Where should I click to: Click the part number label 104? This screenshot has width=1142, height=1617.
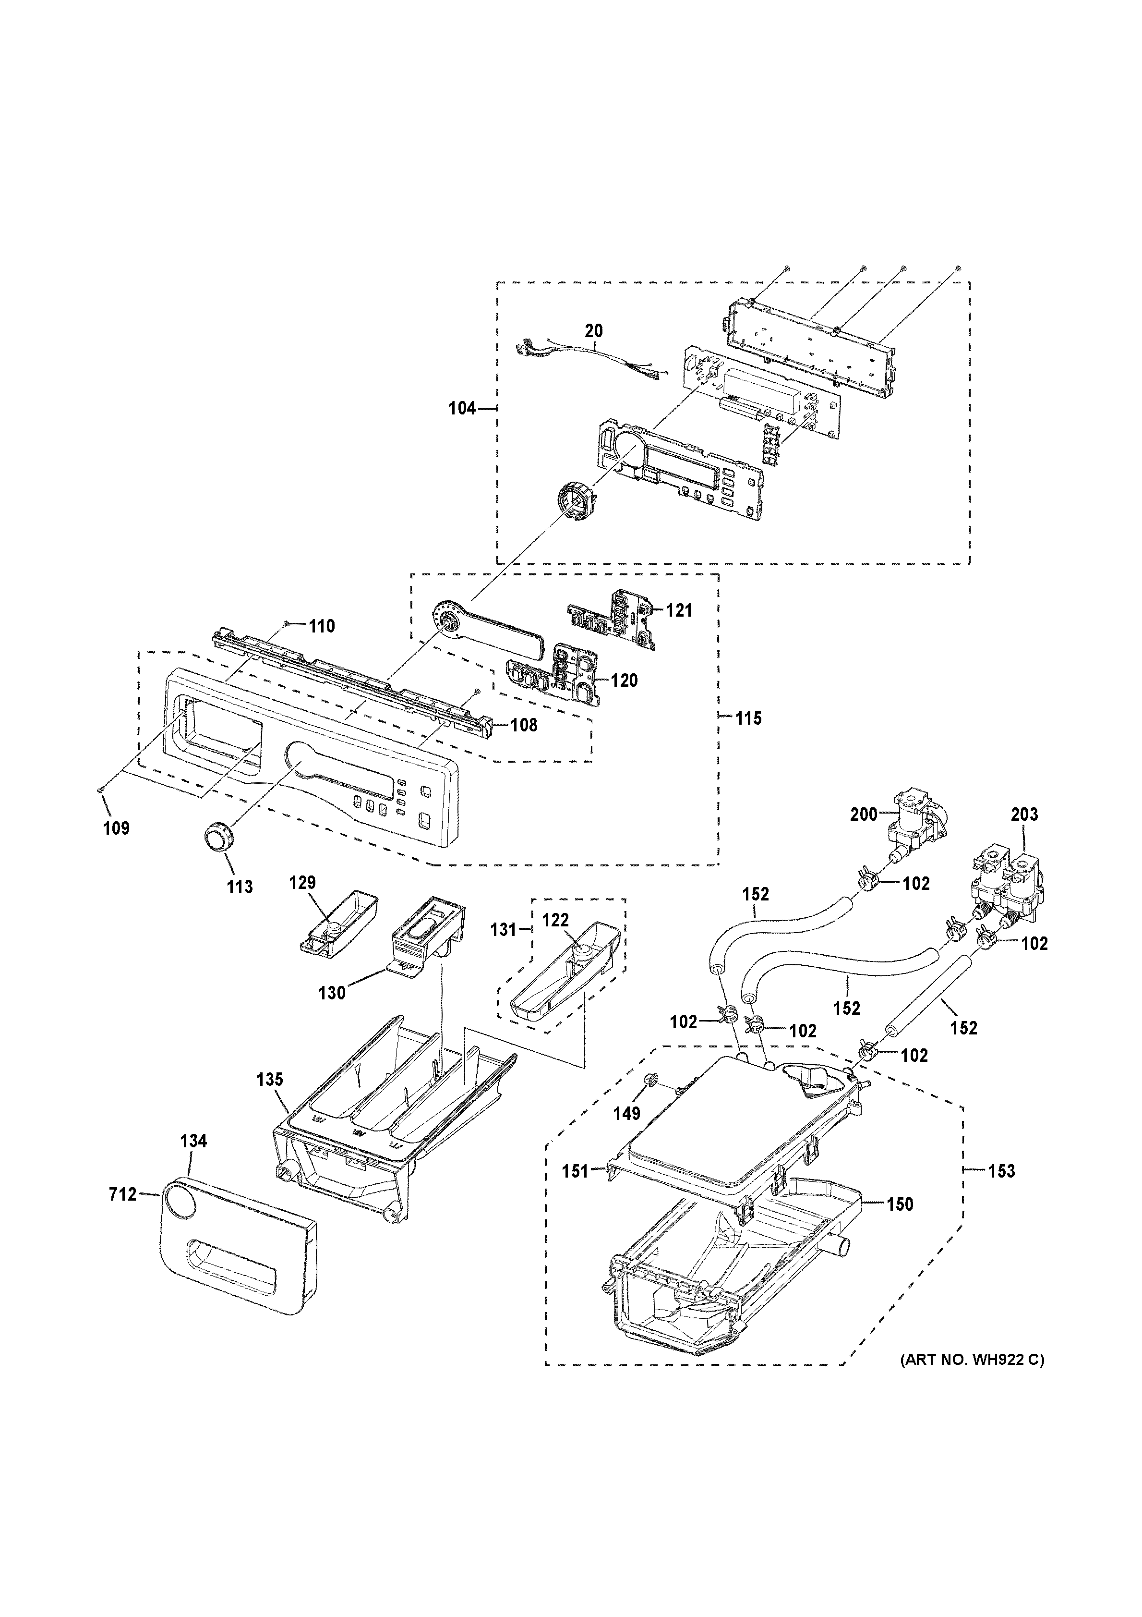pyautogui.click(x=462, y=408)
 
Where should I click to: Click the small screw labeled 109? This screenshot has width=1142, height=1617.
pyautogui.click(x=102, y=791)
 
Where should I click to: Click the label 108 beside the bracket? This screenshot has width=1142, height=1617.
pyautogui.click(x=523, y=725)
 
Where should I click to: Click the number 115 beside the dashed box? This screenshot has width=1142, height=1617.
pyautogui.click(x=748, y=718)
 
